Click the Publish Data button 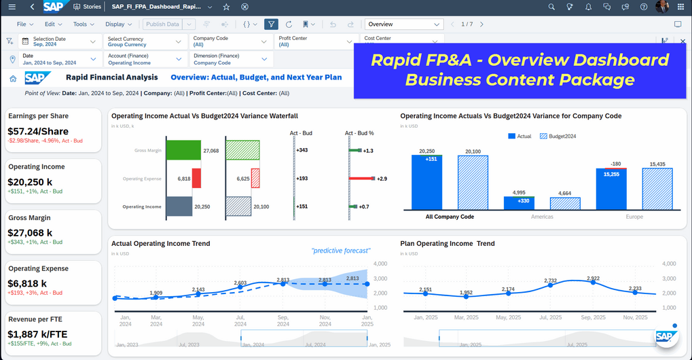tap(162, 24)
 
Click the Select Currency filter tap(144, 41)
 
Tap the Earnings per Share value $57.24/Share tap(37, 130)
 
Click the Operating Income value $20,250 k tap(30, 181)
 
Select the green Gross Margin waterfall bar tap(183, 150)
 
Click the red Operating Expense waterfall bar tap(196, 179)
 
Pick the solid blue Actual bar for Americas tap(519, 202)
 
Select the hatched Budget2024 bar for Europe tap(657, 189)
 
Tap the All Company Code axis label tap(450, 217)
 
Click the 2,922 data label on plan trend tap(593, 278)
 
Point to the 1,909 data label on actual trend tap(156, 293)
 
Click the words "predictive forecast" tap(340, 251)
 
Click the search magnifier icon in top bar tap(551, 7)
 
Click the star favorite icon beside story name tap(226, 7)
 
